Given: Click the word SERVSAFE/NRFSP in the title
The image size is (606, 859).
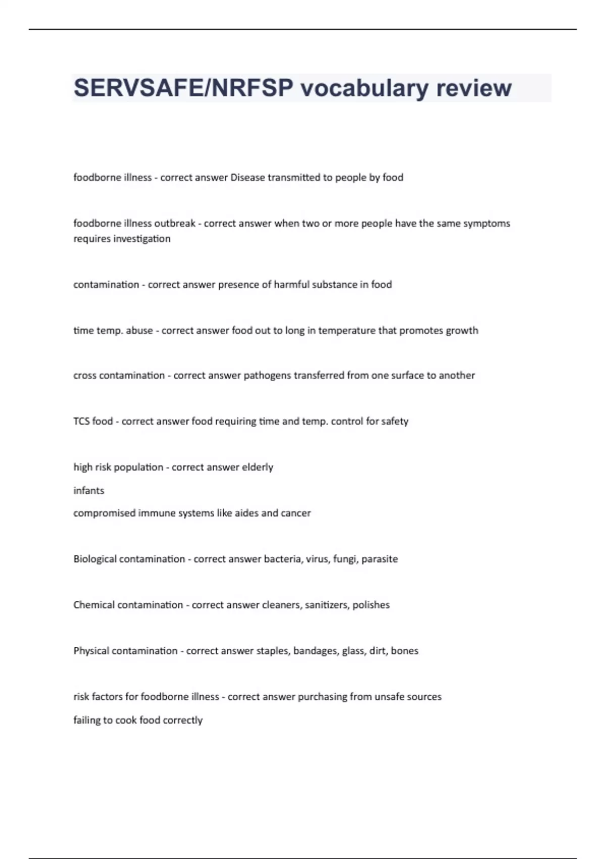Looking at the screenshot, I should click(x=183, y=88).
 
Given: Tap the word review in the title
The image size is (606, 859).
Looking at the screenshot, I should click(x=474, y=88).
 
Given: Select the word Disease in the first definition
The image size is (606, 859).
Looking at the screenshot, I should click(x=247, y=177).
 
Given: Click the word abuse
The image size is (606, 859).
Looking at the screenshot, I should click(x=139, y=330).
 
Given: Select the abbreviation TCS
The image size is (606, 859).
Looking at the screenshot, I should click(x=81, y=421).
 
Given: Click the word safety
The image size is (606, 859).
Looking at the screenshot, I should click(x=395, y=421).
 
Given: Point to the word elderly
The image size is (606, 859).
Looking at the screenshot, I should click(x=258, y=467).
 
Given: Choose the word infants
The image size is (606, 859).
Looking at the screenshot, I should click(x=89, y=491).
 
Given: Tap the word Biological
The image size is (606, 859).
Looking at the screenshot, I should click(x=95, y=559).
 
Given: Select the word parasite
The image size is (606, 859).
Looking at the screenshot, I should click(x=379, y=559).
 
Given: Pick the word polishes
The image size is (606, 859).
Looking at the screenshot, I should click(x=371, y=605).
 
